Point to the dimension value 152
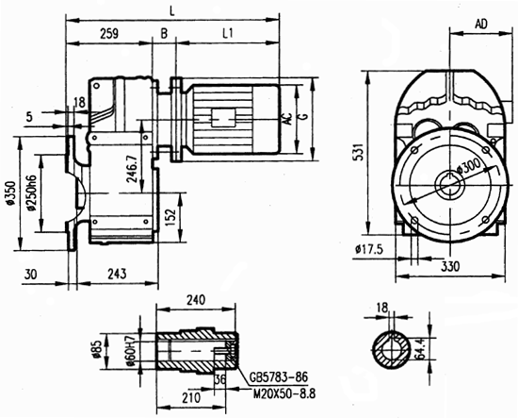pyautogui.click(x=169, y=215)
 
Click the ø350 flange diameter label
pyautogui.click(x=10, y=198)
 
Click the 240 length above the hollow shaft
pyautogui.click(x=195, y=300)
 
